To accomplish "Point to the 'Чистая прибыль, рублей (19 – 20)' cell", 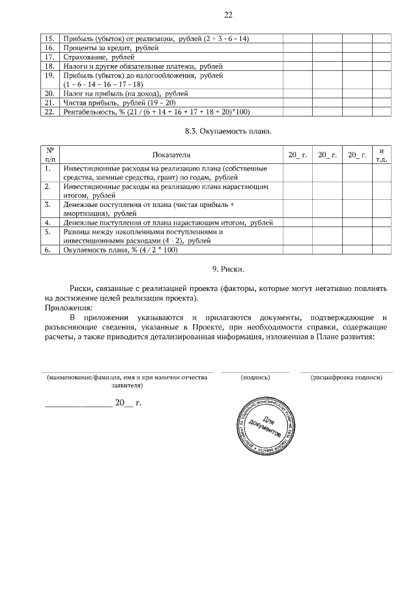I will coord(116,103).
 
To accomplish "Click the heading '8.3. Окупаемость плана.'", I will coord(227,132).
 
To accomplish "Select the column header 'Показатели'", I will coord(171,156).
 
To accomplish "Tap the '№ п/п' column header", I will coord(48,155).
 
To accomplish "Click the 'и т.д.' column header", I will coord(381,155).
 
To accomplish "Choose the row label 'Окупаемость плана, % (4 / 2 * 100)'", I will coord(120,249).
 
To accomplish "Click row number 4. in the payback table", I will coord(48,223).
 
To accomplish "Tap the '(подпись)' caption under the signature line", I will coord(255,377).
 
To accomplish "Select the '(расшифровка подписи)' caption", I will coord(347,377).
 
